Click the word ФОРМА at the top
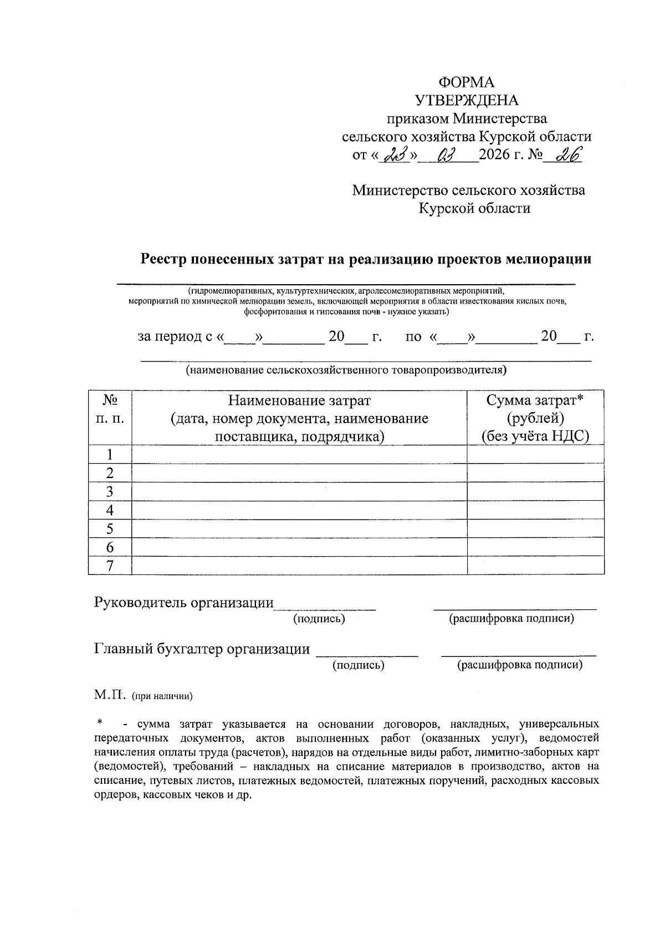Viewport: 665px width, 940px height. tap(466, 82)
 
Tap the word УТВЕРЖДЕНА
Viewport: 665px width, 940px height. tap(467, 100)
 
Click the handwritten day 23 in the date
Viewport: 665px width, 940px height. tap(397, 156)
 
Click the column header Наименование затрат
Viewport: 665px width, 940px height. tap(299, 400)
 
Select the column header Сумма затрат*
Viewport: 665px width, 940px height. tap(535, 400)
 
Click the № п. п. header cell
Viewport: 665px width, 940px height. tap(110, 409)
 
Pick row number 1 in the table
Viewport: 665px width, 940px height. tap(110, 455)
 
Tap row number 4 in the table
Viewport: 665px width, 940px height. tap(110, 510)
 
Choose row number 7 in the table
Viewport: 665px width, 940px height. tap(110, 566)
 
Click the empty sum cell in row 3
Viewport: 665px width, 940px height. tap(535, 492)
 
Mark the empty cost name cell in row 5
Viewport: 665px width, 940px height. tap(299, 528)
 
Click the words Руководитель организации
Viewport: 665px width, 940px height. tap(184, 602)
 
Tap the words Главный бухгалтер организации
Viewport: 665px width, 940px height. tap(202, 649)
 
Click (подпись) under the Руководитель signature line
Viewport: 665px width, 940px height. tap(319, 619)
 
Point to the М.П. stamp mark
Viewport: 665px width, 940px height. tap(110, 695)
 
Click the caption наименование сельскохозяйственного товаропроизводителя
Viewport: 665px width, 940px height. tap(346, 369)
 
